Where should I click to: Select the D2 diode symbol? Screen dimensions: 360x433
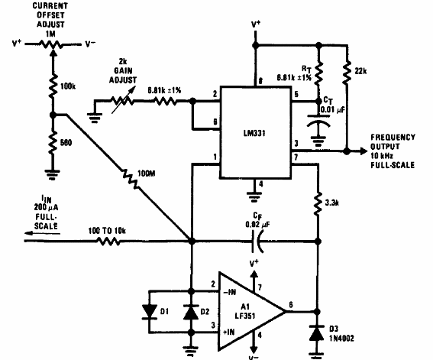[192, 312]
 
